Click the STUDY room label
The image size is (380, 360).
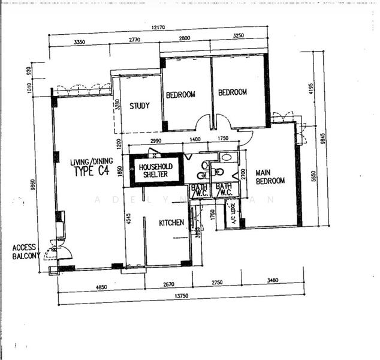[140, 106]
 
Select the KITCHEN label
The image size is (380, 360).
[171, 223]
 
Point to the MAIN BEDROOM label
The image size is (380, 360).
[270, 176]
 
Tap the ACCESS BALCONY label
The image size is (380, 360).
[26, 251]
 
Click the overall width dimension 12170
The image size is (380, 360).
[159, 28]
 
